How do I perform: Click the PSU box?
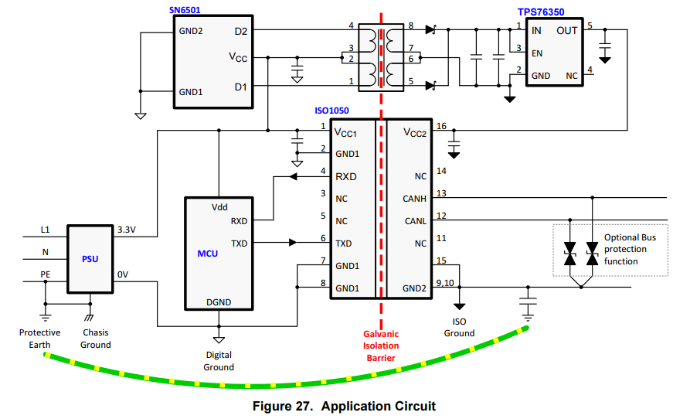click(x=90, y=259)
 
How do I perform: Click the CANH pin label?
click(x=414, y=199)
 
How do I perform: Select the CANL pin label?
click(x=415, y=221)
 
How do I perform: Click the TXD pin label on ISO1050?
click(x=344, y=244)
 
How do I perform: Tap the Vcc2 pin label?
click(x=414, y=133)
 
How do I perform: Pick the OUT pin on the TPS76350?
click(x=566, y=31)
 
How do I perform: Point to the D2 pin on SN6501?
click(x=240, y=31)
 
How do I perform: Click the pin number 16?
click(x=441, y=126)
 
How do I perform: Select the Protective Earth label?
click(x=40, y=339)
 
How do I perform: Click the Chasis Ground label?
click(x=96, y=339)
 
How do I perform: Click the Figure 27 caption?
click(x=344, y=406)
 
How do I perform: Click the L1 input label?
click(x=45, y=230)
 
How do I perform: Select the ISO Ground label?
click(x=459, y=328)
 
